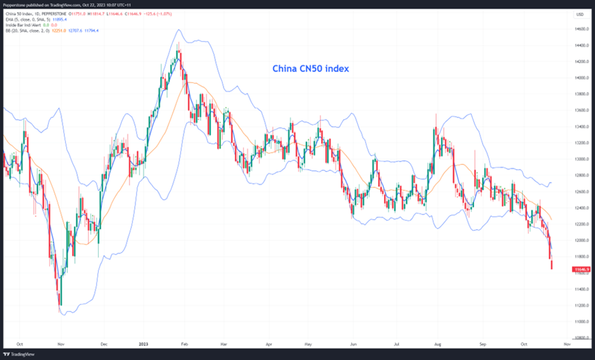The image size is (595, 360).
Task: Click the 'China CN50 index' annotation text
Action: point(311,69)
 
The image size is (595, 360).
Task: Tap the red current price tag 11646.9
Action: point(580,269)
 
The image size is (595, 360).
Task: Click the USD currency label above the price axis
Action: point(579,14)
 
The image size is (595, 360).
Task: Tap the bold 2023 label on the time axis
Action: point(148,344)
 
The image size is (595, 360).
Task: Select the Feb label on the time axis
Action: point(185,344)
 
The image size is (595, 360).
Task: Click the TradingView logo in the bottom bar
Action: point(18,354)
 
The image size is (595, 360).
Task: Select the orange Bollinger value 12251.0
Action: point(59,30)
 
